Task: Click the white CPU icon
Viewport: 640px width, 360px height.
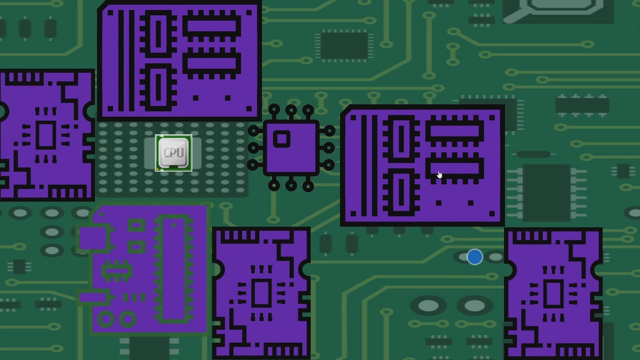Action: click(174, 153)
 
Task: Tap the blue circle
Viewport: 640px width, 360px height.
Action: click(475, 257)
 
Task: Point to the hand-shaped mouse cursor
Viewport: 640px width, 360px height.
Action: click(440, 175)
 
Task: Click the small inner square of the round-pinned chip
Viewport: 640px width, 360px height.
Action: click(282, 139)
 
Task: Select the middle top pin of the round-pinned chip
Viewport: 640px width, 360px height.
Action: click(291, 110)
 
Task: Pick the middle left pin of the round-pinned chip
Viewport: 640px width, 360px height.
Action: click(253, 148)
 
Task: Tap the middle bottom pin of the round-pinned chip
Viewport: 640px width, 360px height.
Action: click(291, 185)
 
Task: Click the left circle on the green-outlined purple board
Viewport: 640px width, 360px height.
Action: click(106, 319)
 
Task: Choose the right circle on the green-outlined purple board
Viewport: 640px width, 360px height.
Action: click(128, 319)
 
